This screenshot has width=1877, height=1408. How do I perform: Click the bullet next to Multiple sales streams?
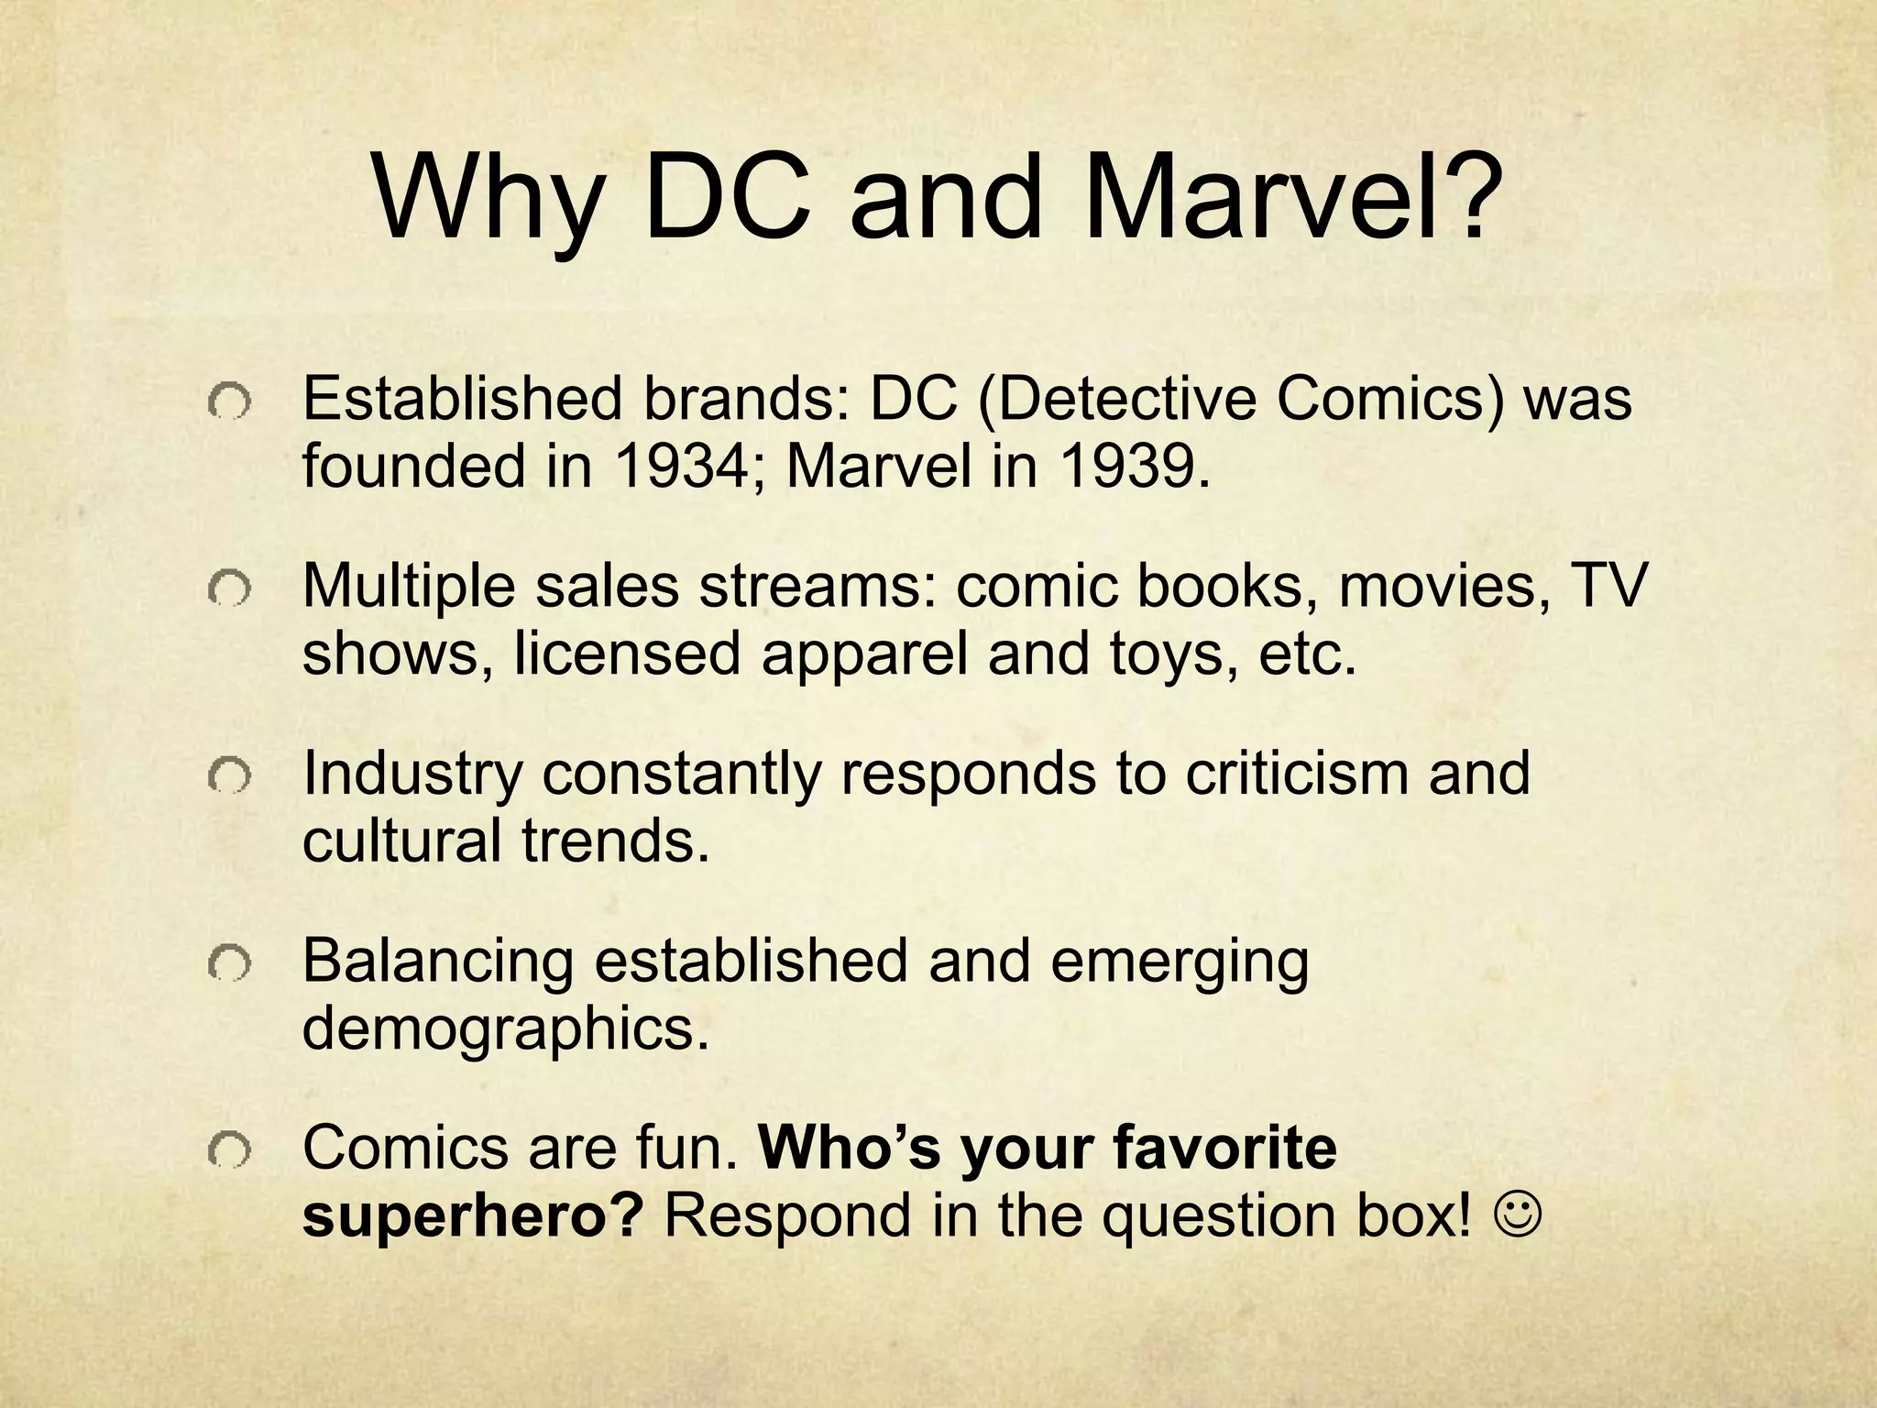(228, 588)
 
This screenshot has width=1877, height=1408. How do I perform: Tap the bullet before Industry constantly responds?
(228, 775)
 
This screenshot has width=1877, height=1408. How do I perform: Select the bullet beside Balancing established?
(228, 962)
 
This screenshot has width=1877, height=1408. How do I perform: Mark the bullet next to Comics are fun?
(228, 1149)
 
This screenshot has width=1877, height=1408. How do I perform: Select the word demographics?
(506, 1030)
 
